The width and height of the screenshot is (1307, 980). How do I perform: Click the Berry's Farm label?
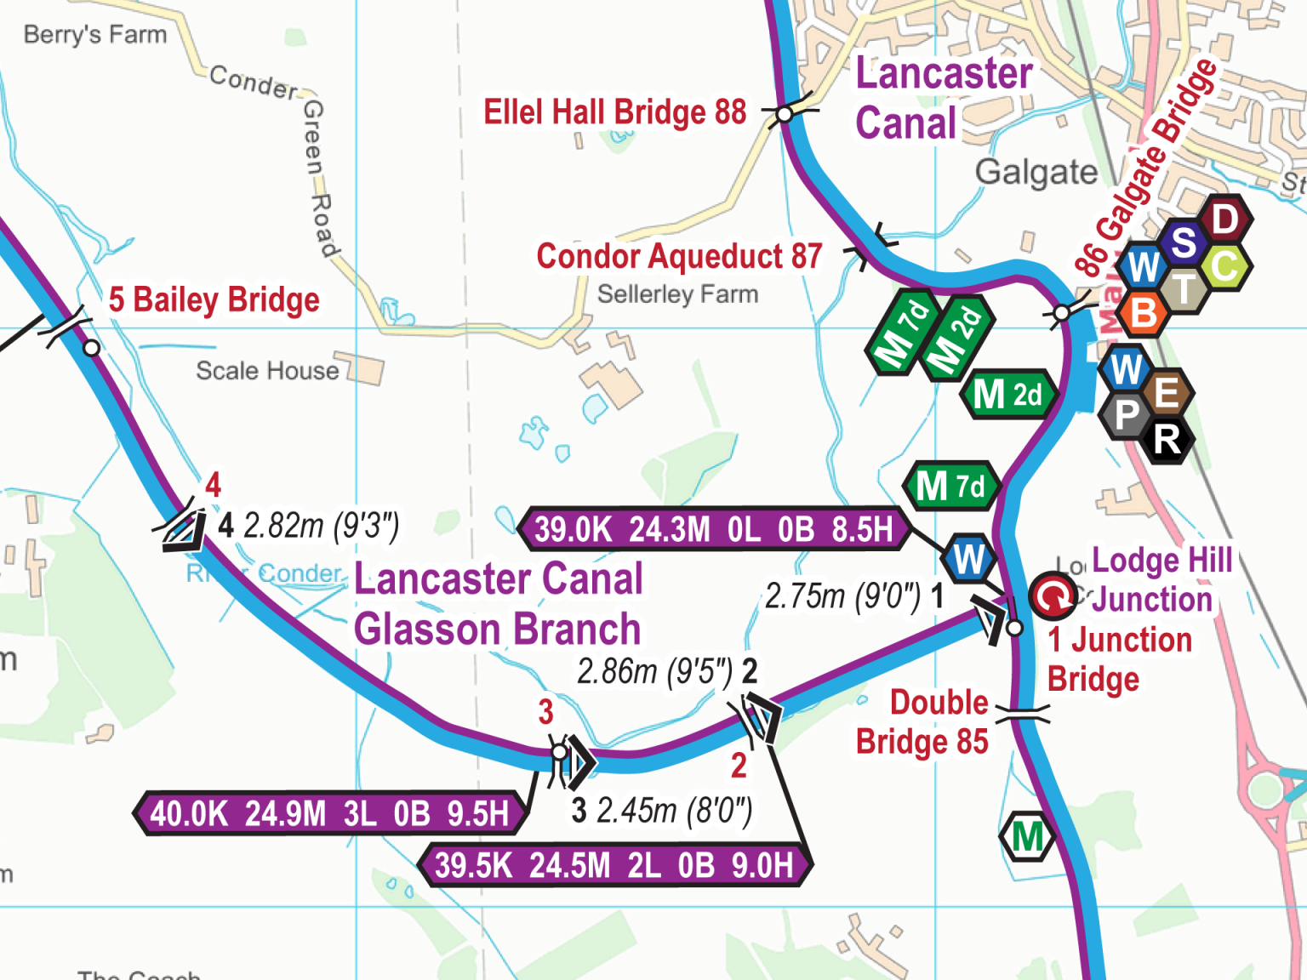tap(94, 35)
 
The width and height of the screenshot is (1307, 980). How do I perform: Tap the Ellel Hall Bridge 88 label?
tap(614, 112)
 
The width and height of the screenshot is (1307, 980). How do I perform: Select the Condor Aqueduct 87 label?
tap(679, 256)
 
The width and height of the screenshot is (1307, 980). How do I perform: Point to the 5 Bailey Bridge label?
tap(214, 300)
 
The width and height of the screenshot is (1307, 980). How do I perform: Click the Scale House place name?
tap(267, 371)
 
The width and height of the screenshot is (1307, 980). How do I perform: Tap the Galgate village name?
tap(1036, 173)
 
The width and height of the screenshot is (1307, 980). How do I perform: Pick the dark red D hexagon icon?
tap(1224, 219)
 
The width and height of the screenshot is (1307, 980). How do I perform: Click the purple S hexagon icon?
tap(1184, 243)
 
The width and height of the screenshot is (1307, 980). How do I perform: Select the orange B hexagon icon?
tap(1144, 313)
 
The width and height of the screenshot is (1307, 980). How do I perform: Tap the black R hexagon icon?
tap(1167, 440)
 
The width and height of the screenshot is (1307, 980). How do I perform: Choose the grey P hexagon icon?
tap(1127, 416)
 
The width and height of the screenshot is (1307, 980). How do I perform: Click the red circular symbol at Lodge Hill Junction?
tap(1053, 596)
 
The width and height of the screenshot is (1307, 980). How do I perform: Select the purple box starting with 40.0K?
tap(329, 814)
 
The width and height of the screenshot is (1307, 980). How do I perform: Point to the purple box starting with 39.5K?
tap(614, 866)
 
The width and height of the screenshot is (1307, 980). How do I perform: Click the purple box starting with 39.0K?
tap(713, 529)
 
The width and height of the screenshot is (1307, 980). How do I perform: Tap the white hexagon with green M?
tap(1027, 837)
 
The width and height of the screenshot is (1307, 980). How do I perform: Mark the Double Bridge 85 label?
tap(923, 722)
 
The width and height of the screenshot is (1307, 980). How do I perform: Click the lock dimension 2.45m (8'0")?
tap(673, 811)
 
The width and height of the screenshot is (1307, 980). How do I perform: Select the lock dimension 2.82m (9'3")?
tap(321, 526)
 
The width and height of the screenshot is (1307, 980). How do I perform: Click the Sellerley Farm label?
tap(677, 294)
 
